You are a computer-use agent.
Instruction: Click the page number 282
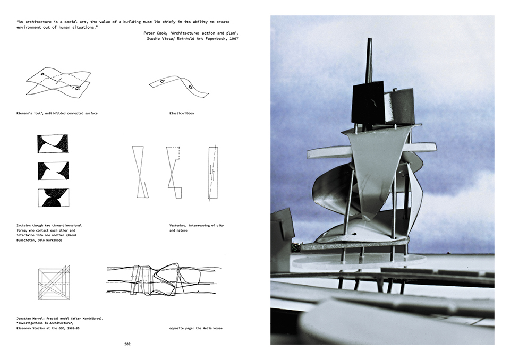click(x=127, y=344)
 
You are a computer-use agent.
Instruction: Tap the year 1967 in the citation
click(x=231, y=38)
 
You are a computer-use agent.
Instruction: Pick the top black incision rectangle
click(x=53, y=143)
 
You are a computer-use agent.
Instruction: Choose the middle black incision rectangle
click(x=53, y=170)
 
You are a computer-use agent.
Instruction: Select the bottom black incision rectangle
click(x=53, y=198)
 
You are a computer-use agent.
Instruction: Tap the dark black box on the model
click(x=367, y=102)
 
